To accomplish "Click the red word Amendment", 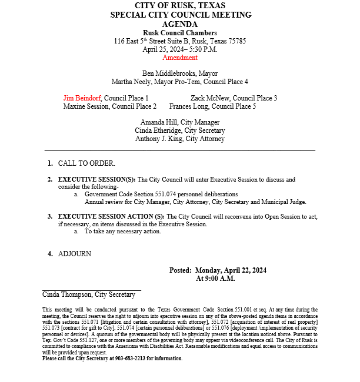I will click(x=180, y=58).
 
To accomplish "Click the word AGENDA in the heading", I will click(x=180, y=24).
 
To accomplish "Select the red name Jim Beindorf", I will click(x=82, y=98).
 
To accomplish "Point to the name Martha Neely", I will click(x=132, y=82).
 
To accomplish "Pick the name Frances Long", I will click(x=188, y=106).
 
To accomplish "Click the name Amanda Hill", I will click(x=159, y=122).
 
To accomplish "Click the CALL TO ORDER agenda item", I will click(x=86, y=163).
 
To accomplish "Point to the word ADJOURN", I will click(x=75, y=254).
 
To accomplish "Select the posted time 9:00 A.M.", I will click(x=215, y=279).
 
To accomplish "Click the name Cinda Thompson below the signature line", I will click(x=67, y=294).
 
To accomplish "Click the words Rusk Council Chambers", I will click(x=180, y=33).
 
